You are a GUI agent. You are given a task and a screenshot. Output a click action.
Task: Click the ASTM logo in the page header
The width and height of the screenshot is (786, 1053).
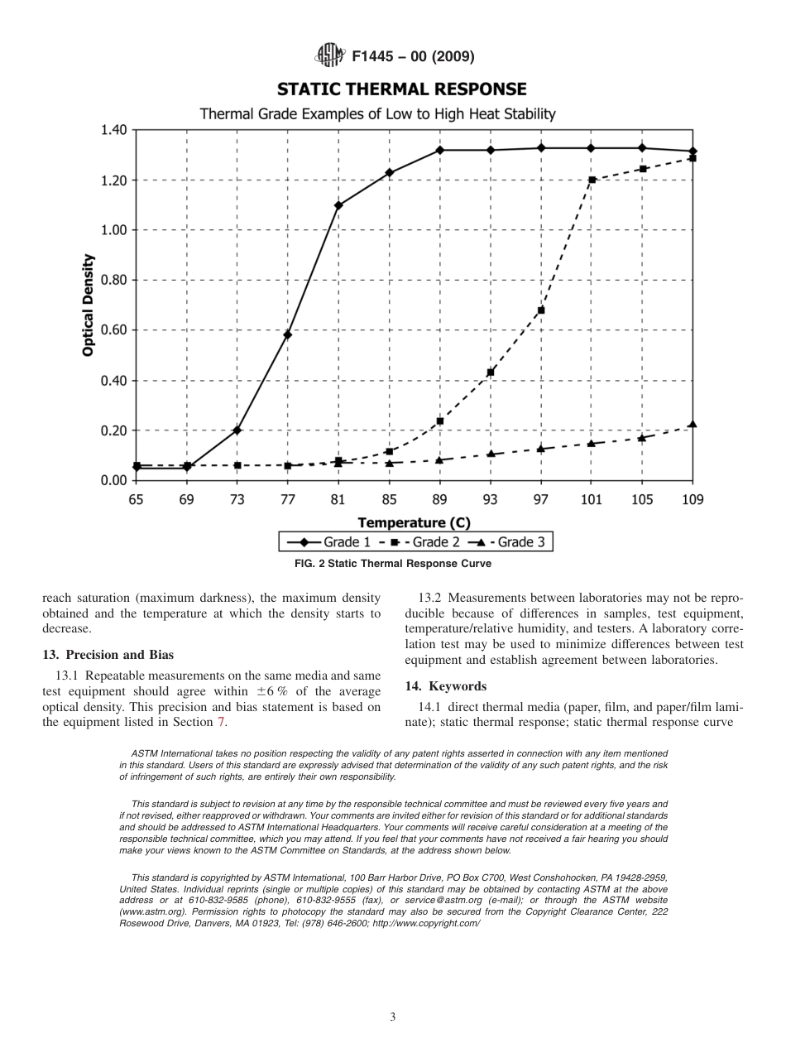point(331,56)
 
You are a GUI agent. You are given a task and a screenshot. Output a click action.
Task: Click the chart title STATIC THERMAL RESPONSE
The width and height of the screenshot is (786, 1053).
point(401,89)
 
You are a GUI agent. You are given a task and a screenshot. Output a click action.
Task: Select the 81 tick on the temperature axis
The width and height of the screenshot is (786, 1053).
point(338,500)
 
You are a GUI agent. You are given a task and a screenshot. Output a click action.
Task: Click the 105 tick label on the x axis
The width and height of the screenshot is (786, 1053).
point(642,500)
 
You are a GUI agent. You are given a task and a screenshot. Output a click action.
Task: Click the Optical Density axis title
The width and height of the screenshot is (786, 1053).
point(88,305)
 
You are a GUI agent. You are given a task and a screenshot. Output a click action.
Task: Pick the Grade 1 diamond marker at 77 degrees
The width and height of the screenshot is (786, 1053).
point(287,334)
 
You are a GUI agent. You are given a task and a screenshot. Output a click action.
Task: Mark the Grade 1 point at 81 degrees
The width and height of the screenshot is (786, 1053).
point(338,205)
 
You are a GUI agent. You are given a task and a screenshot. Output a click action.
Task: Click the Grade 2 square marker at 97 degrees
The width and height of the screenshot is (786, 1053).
point(541,310)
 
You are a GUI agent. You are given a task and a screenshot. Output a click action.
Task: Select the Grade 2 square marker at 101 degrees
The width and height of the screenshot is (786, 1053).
point(592,180)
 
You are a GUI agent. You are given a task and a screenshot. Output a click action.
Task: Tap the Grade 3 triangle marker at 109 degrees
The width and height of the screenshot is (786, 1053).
point(693,424)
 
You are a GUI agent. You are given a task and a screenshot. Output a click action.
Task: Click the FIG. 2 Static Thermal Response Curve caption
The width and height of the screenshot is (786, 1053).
point(393,564)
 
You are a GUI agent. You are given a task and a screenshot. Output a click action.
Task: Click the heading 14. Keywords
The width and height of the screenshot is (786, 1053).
point(445,686)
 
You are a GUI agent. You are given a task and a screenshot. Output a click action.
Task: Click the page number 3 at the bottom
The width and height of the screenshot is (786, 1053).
point(393,1017)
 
